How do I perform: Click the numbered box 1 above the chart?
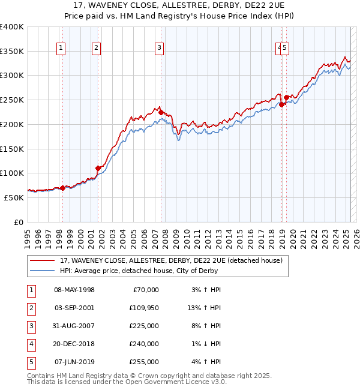click(x=62, y=49)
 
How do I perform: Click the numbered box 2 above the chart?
click(x=97, y=49)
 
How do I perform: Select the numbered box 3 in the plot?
click(x=159, y=49)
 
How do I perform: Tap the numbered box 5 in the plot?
click(x=285, y=49)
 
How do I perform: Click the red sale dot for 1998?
click(x=62, y=188)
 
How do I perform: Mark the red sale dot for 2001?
click(x=97, y=168)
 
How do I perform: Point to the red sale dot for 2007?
click(x=161, y=112)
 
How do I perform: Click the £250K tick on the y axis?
click(x=13, y=100)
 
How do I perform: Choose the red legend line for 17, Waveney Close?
click(x=43, y=260)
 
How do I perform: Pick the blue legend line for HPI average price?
click(x=43, y=271)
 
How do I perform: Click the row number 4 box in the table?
click(x=31, y=344)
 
